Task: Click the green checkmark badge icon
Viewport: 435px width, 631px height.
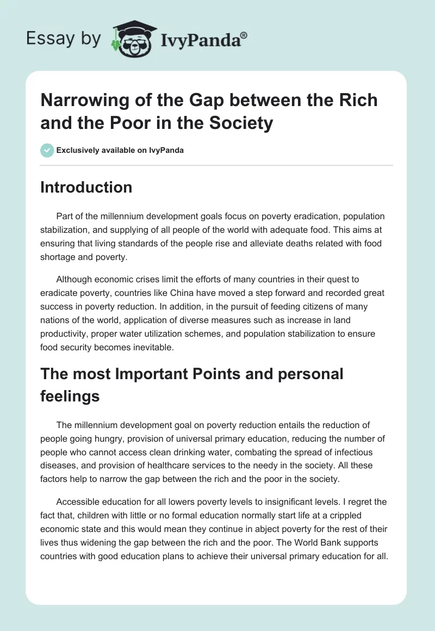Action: pyautogui.click(x=47, y=150)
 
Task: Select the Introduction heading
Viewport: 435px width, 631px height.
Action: pyautogui.click(x=86, y=187)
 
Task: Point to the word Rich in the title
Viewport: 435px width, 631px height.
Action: pyautogui.click(x=360, y=100)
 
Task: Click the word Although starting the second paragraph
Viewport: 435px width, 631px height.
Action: pyautogui.click(x=76, y=280)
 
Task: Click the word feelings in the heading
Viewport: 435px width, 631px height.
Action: pyautogui.click(x=70, y=396)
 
